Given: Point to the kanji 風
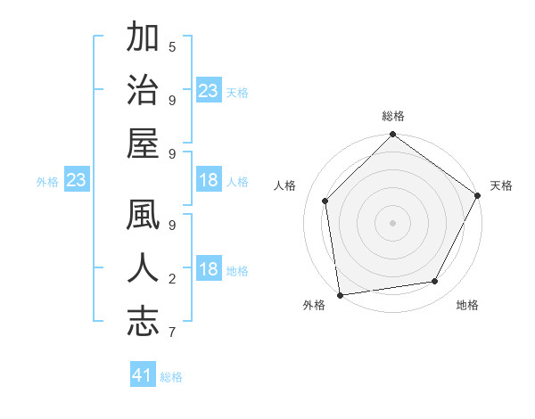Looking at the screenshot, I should point(143,217).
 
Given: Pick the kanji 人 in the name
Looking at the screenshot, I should point(143,269).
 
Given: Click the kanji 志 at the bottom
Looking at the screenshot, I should point(143,322).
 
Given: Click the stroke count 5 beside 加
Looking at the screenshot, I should point(172,45).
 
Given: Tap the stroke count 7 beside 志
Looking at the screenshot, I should point(172,333).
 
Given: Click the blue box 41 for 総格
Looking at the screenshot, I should point(143,375).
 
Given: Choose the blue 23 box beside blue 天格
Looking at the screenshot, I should point(209,91).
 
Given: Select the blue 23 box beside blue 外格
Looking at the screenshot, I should point(76,181).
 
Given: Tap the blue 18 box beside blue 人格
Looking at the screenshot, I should point(209,181).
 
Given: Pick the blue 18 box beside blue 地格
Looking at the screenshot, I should point(209,270).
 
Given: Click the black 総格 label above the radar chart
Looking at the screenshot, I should point(392,116).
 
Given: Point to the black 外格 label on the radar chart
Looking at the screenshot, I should point(314,306).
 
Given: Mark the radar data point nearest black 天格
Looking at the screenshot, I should point(478,195).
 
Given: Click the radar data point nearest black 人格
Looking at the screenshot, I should point(325,201).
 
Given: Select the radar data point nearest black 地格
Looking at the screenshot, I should point(435,281).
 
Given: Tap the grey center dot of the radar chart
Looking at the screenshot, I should point(392,222).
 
